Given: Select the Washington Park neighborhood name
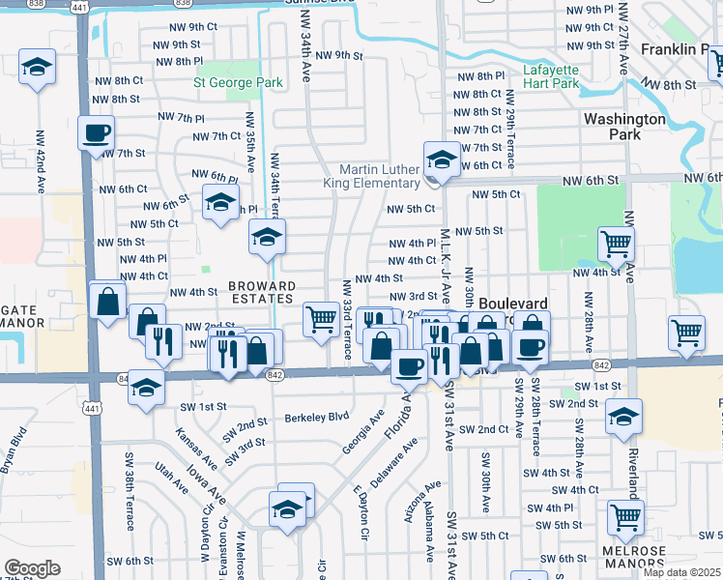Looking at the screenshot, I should tap(624, 127).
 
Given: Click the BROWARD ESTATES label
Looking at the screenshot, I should tap(262, 293).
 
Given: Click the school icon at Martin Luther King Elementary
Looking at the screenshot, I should tap(442, 159).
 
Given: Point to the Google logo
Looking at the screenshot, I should tap(32, 568).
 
